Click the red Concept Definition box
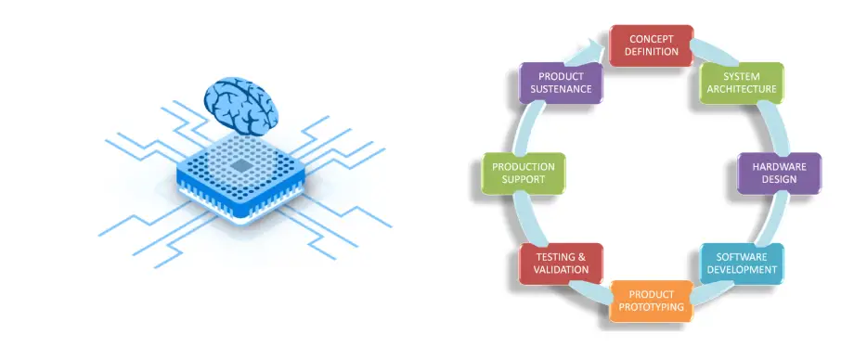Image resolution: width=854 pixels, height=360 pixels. (x=652, y=45)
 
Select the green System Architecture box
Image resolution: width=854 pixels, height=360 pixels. (x=741, y=84)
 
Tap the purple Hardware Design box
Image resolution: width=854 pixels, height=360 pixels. (x=779, y=174)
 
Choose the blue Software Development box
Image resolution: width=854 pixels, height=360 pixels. (x=742, y=264)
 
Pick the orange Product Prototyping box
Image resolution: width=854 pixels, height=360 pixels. (x=651, y=301)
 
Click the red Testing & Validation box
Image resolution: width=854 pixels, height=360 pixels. (x=562, y=264)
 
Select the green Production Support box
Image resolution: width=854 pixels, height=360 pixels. (x=523, y=174)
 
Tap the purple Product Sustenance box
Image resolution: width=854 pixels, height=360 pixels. (x=561, y=84)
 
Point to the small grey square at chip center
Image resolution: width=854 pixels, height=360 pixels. (x=241, y=166)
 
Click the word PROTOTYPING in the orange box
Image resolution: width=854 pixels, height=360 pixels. (x=651, y=307)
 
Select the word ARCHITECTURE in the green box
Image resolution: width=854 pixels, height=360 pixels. (x=741, y=90)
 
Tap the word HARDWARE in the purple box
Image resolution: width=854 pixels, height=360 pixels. (x=779, y=167)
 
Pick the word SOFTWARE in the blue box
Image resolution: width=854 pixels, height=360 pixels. (x=742, y=257)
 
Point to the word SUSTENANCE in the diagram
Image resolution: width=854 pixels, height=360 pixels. (x=561, y=90)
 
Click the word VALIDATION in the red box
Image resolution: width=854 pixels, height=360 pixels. (x=562, y=270)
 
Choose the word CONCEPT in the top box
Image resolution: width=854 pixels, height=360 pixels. (x=652, y=39)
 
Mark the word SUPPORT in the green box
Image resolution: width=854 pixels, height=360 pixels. (x=523, y=180)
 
